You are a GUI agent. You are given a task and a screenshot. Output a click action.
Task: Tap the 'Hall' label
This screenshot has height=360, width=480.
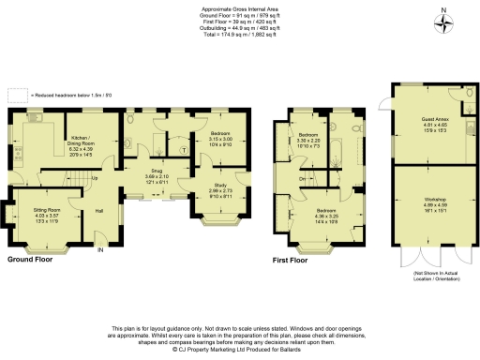tap(98, 211)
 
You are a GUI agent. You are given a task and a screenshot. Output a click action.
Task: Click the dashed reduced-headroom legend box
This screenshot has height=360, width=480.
tap(14, 94)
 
